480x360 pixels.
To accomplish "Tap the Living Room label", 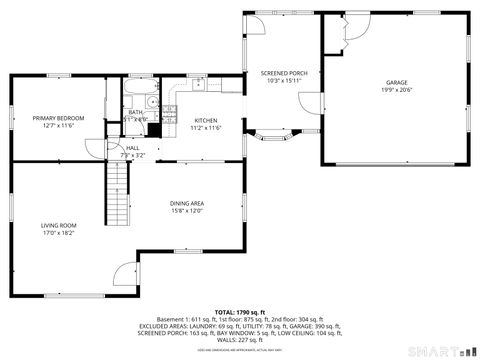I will tap(58, 225).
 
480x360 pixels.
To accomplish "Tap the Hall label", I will tap(132, 148).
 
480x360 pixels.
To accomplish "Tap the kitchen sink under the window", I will tap(200, 86).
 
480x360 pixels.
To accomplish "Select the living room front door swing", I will tap(127, 273).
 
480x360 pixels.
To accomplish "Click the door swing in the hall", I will tap(116, 149).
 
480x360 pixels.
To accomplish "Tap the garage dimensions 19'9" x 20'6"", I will tap(397, 90).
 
